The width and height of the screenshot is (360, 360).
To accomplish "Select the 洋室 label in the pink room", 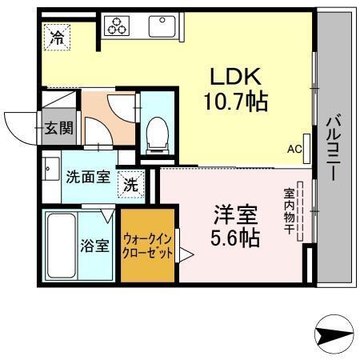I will (x=234, y=215).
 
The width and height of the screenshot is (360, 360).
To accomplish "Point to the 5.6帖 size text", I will (x=235, y=238).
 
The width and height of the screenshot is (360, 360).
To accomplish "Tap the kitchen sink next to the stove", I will (x=165, y=27).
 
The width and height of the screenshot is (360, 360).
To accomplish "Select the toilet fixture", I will (x=158, y=133).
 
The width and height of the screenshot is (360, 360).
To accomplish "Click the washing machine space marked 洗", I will (x=131, y=184).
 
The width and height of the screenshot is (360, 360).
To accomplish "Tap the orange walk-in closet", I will (x=147, y=245).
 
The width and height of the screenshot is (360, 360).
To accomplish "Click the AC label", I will (x=294, y=149).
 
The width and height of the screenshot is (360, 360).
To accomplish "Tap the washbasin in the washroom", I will (x=50, y=170).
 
